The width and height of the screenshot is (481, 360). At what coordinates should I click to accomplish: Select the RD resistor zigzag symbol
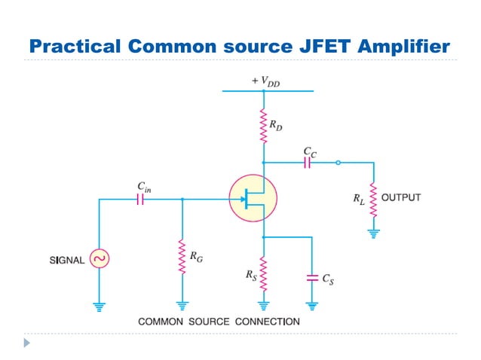point(263,126)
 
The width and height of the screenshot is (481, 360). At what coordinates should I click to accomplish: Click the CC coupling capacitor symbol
point(308,163)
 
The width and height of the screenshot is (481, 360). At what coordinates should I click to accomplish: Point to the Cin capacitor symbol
point(140,200)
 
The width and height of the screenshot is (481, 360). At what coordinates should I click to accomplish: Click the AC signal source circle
point(99,259)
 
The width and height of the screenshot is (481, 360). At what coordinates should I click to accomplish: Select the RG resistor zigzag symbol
point(182,257)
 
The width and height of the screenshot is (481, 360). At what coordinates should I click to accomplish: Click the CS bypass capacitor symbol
point(312,278)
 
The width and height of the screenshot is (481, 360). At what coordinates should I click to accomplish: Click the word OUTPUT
point(401,198)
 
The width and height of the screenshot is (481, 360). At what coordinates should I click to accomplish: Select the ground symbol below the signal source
point(99,306)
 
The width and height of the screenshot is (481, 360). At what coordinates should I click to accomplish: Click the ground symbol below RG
point(182,306)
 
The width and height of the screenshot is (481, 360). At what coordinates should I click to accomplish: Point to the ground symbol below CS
point(312,306)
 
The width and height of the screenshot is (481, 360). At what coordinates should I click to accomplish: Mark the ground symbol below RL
point(372,233)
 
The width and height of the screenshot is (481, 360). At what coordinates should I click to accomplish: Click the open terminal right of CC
point(338,163)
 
